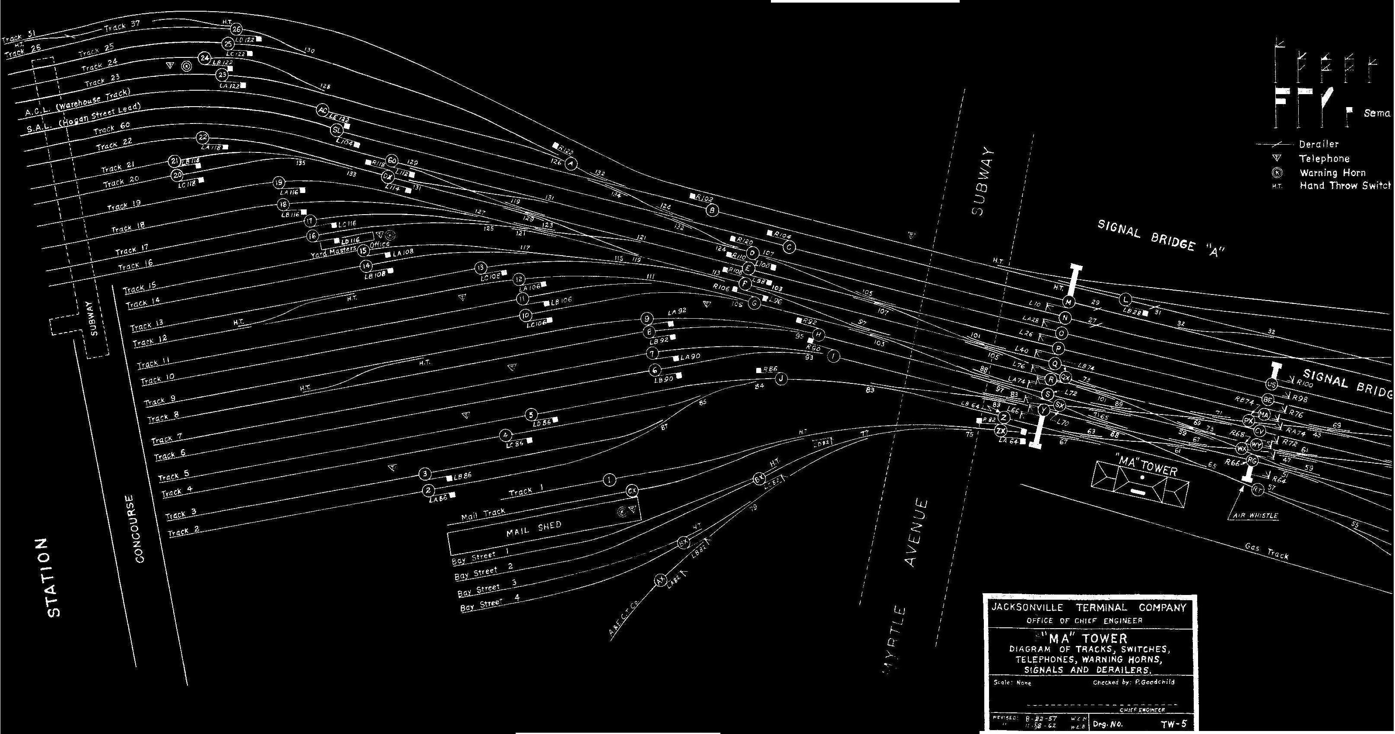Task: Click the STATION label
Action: click(x=54, y=578)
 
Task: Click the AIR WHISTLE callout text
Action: click(x=1255, y=516)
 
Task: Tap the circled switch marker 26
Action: click(x=236, y=29)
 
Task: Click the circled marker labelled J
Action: click(x=781, y=379)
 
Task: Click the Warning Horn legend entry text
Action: click(x=1333, y=173)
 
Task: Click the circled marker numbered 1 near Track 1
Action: click(x=610, y=480)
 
